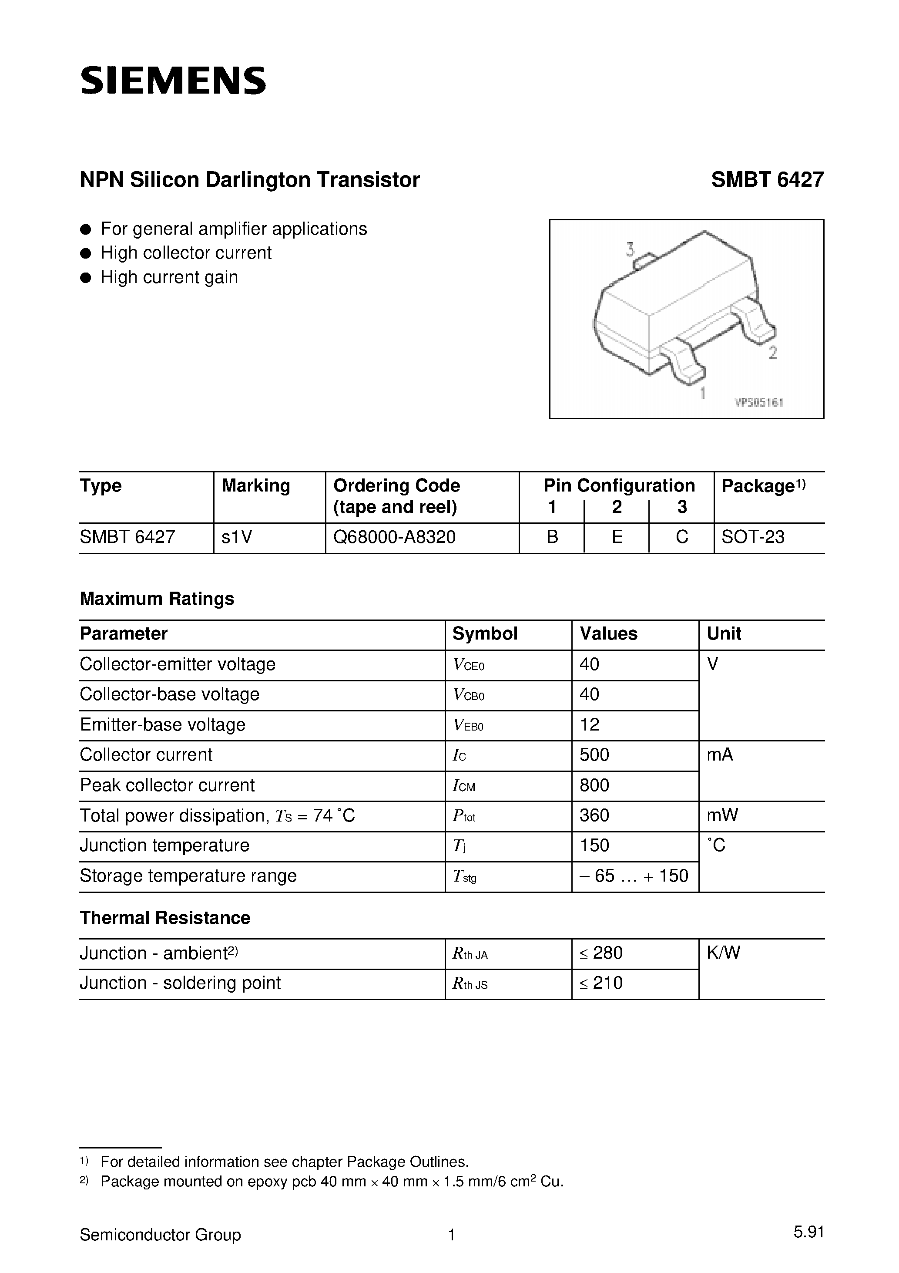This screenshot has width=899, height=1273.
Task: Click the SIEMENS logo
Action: pos(173,81)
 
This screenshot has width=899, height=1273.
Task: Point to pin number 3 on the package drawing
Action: pos(630,249)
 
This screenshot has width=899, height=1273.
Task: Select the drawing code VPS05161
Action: pos(759,403)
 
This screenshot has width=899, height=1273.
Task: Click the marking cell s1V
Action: pos(237,537)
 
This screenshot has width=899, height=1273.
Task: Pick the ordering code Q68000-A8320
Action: pos(394,537)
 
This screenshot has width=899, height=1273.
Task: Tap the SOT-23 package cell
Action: pos(753,537)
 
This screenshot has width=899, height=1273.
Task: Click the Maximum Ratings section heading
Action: pos(157,599)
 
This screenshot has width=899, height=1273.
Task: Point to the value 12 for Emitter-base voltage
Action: pos(589,724)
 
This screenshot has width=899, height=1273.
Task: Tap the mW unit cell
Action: pos(722,815)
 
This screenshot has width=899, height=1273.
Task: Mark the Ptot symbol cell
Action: pos(464,815)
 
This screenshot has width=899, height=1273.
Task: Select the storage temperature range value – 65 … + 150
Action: pos(634,876)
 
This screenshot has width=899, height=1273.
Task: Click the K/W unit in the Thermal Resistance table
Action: pos(723,953)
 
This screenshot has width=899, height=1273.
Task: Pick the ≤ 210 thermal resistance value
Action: pos(601,983)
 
